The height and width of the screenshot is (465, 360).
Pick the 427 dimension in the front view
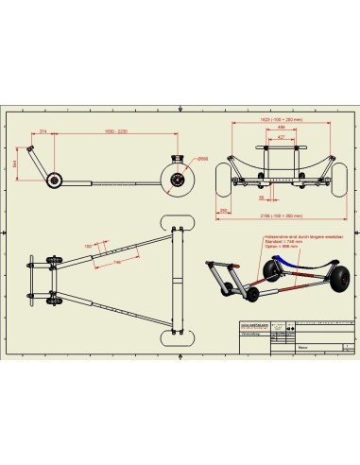point(280,138)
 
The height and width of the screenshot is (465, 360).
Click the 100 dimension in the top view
point(90,247)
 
